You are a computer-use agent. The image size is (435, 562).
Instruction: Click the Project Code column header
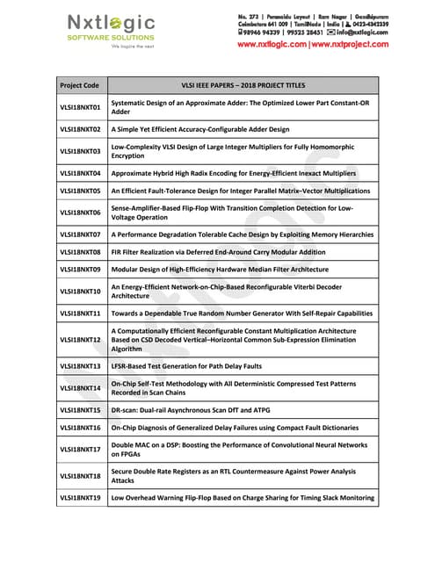pyautogui.click(x=79, y=86)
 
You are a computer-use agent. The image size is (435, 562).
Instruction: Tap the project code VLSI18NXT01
pyautogui.click(x=80, y=108)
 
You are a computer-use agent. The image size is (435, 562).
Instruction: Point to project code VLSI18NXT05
pyautogui.click(x=80, y=190)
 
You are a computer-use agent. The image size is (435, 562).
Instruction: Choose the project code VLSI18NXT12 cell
pyautogui.click(x=80, y=339)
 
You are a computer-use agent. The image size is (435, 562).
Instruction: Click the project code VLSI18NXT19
pyautogui.click(x=80, y=498)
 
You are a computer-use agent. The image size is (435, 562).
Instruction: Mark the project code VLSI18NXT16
pyautogui.click(x=80, y=428)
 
